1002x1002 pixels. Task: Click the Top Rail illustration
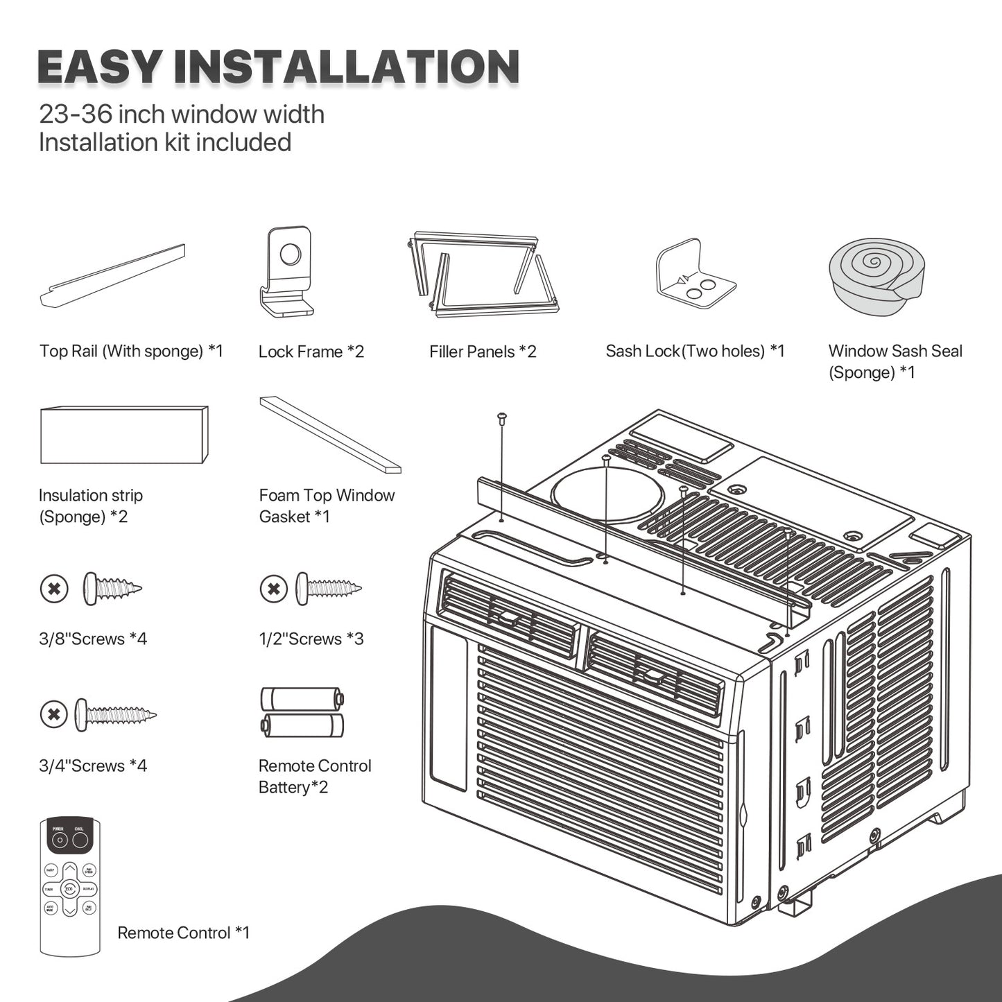click(x=113, y=276)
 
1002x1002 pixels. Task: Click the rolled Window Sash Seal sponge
click(x=876, y=275)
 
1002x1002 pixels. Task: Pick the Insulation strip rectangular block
click(x=123, y=435)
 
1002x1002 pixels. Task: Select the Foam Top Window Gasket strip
click(x=330, y=435)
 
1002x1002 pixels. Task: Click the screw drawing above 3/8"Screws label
click(x=112, y=589)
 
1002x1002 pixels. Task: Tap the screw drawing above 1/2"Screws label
click(x=329, y=589)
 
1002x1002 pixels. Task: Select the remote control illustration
click(x=70, y=887)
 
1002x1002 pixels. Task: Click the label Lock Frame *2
click(x=311, y=352)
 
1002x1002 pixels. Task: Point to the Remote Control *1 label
click(x=183, y=933)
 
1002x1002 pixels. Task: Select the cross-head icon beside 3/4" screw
click(x=54, y=714)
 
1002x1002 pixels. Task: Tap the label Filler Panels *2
click(x=483, y=352)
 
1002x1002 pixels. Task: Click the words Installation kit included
click(x=165, y=143)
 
